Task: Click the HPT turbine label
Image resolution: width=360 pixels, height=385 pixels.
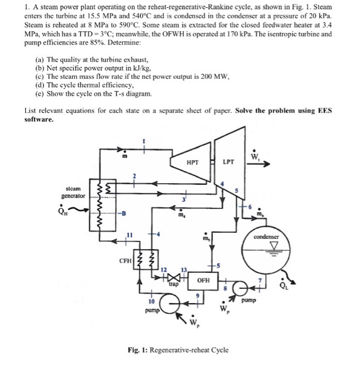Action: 193,163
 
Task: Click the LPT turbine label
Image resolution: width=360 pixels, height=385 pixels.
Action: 228,163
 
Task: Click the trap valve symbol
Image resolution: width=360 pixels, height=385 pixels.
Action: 173,278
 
